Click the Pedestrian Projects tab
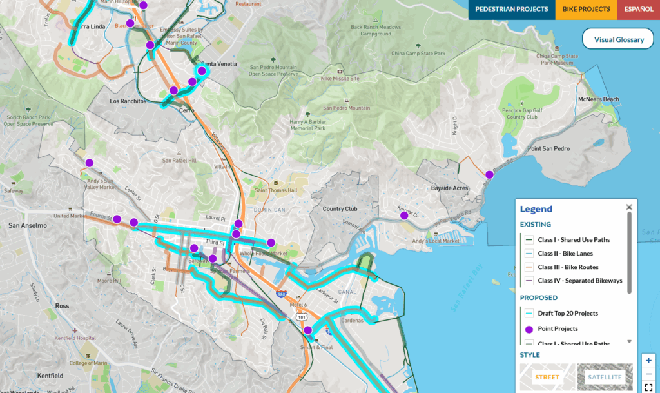click(512, 10)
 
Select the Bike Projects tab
click(586, 10)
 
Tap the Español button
click(638, 10)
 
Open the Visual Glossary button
click(619, 39)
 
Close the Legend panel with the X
click(629, 207)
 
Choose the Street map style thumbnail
click(547, 377)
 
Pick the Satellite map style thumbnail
click(605, 377)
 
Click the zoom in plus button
click(649, 360)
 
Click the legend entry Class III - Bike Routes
click(567, 267)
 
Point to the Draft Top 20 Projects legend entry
click(567, 314)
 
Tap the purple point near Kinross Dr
click(404, 216)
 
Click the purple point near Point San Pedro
click(489, 174)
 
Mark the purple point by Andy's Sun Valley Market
click(90, 163)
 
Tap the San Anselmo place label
click(27, 225)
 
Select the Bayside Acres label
click(449, 188)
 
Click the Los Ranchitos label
click(128, 101)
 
